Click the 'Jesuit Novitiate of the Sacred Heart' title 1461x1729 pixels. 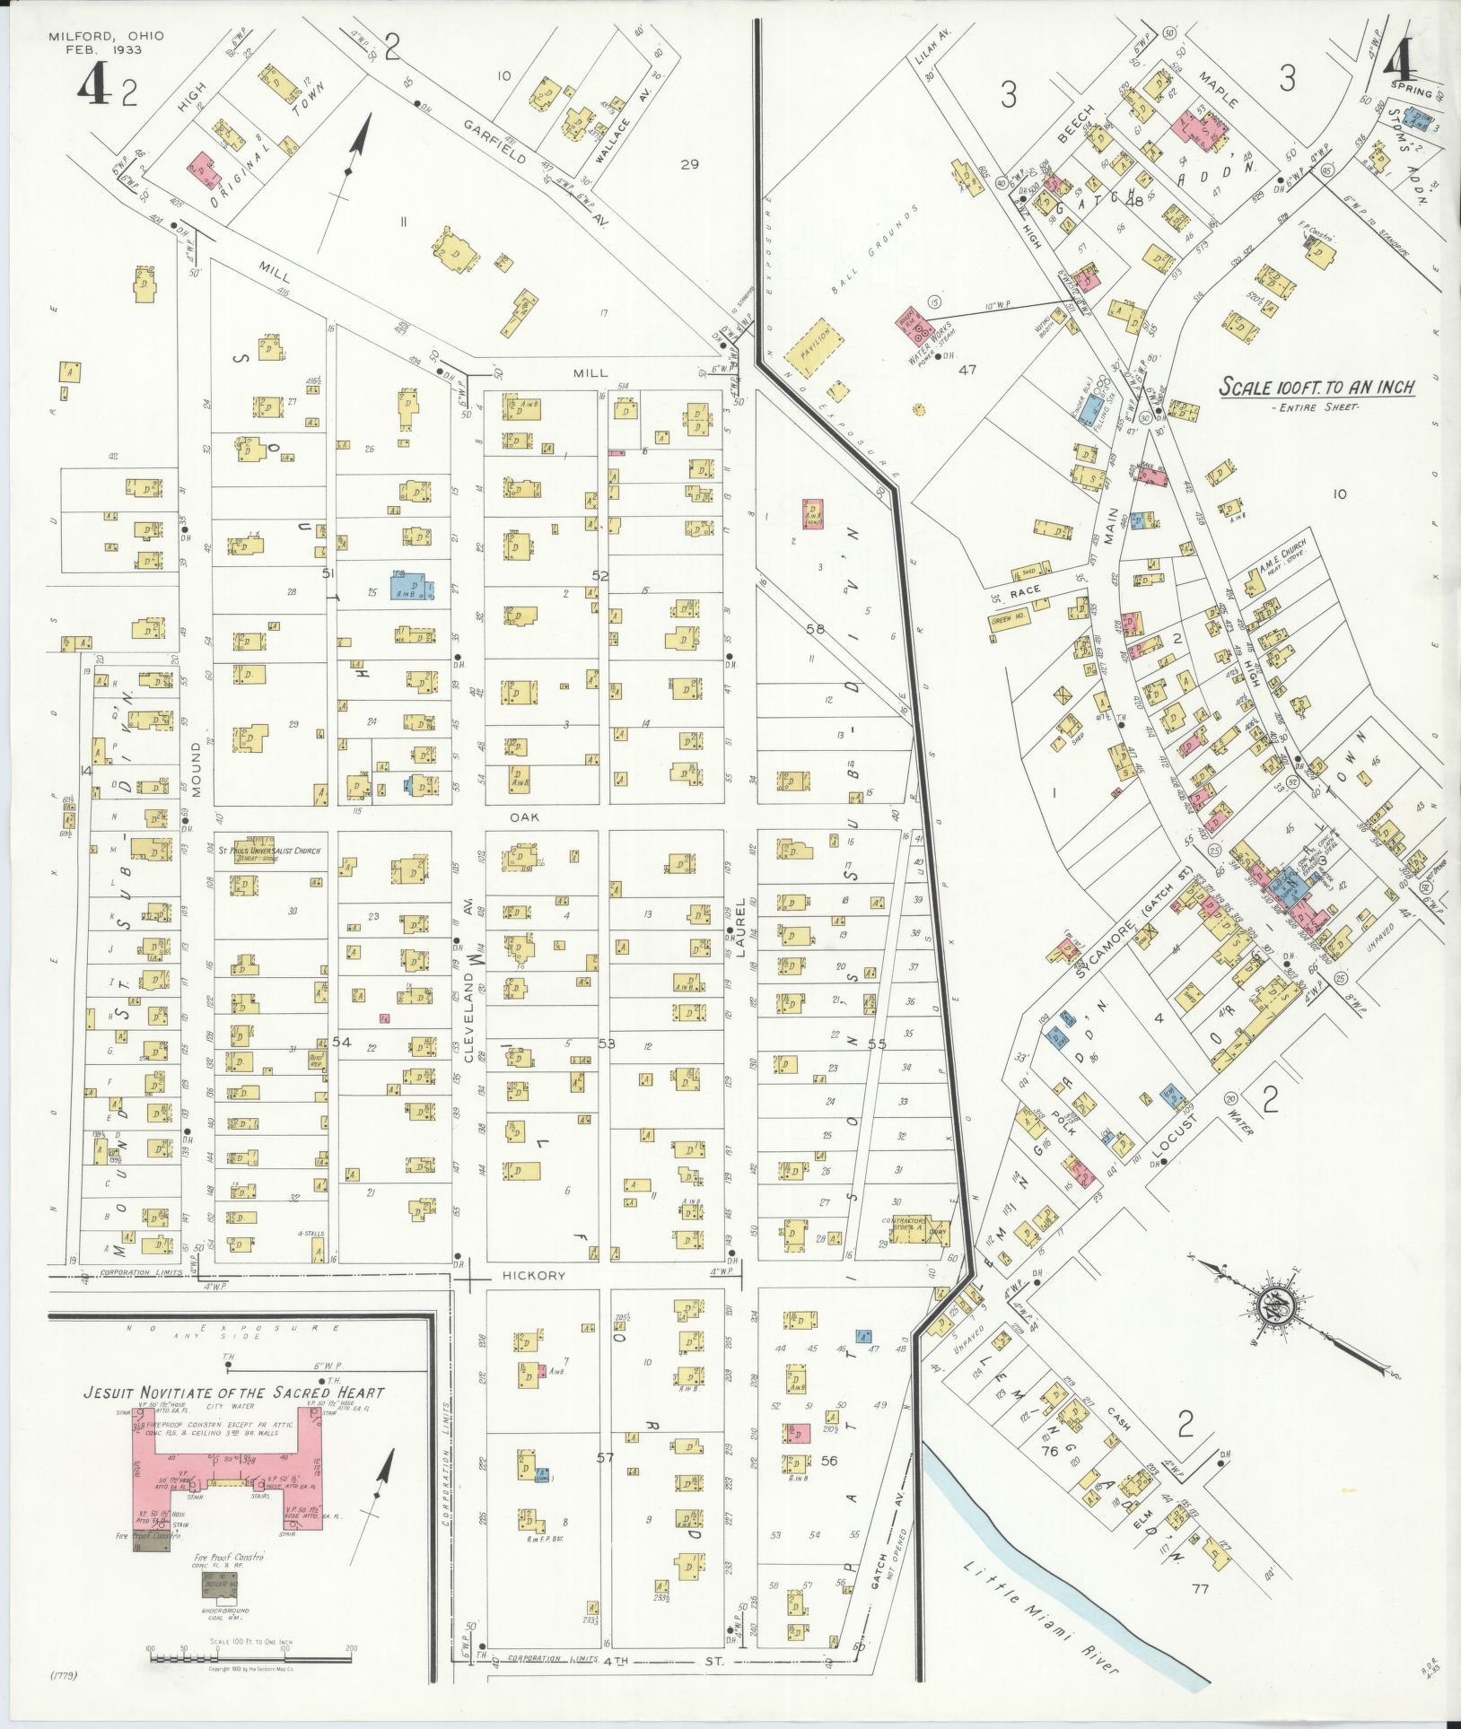coord(233,1393)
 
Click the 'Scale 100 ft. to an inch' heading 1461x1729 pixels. coord(1317,388)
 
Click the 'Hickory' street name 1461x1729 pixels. coord(534,1275)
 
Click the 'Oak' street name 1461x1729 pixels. coord(523,817)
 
